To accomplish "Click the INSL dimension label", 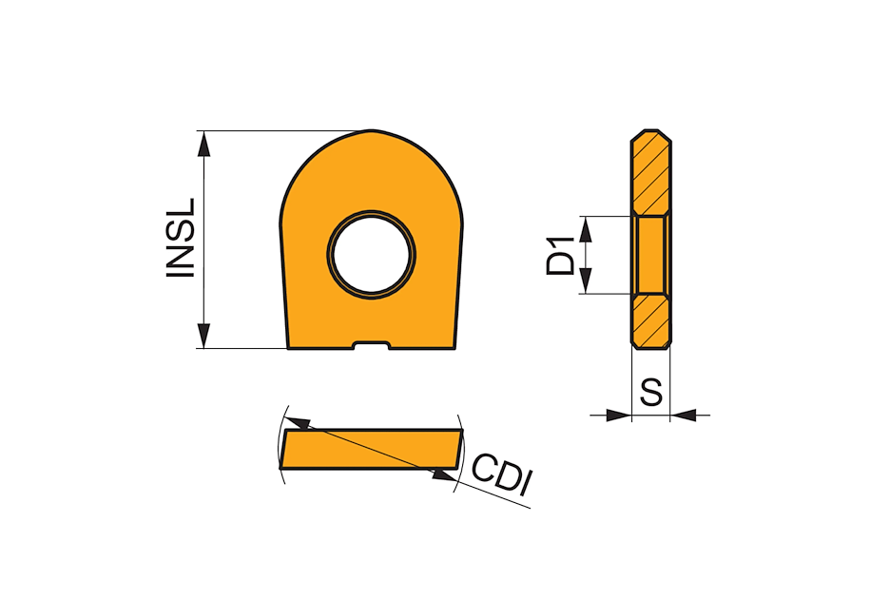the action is pyautogui.click(x=181, y=238).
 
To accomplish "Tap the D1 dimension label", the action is pyautogui.click(x=560, y=256).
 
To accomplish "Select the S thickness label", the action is pyautogui.click(x=650, y=392).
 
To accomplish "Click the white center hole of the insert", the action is pyautogui.click(x=371, y=255).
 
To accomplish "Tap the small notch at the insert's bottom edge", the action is pyautogui.click(x=371, y=345).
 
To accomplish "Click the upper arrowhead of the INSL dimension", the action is pyautogui.click(x=204, y=145).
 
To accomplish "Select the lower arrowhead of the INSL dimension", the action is pyautogui.click(x=204, y=336).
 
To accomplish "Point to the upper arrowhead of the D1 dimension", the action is pyautogui.click(x=586, y=229).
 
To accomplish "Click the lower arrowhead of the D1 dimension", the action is pyautogui.click(x=586, y=281).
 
